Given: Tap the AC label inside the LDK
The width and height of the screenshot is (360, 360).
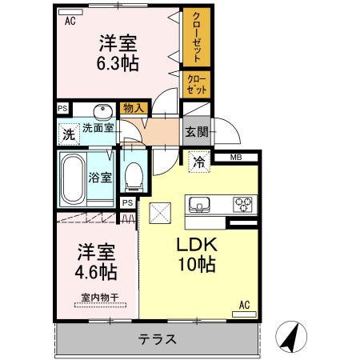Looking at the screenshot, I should [x=246, y=303].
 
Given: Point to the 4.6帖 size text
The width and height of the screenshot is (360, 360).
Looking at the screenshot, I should [x=97, y=272].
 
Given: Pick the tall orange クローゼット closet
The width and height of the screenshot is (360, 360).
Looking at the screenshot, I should [x=194, y=37].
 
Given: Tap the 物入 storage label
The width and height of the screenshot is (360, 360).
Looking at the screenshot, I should [x=134, y=108].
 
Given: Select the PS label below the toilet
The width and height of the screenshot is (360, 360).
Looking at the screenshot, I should [x=127, y=202].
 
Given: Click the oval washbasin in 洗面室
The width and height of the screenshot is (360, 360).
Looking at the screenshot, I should [x=102, y=111].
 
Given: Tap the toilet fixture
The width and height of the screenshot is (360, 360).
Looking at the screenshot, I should [x=134, y=174].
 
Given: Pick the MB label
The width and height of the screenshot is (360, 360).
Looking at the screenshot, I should [x=238, y=158].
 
